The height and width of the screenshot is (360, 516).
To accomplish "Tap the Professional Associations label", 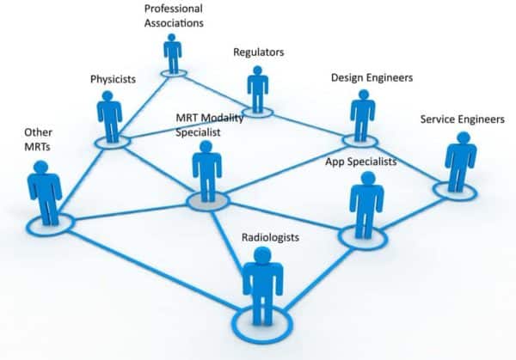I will [x=173, y=16].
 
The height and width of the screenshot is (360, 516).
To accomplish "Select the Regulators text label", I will [x=258, y=52].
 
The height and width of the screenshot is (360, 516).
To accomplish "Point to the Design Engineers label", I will [x=372, y=77].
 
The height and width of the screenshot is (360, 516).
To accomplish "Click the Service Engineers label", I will [x=461, y=119].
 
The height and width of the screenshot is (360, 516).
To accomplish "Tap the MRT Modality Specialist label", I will [x=209, y=125].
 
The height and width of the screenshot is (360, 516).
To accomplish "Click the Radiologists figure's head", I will [x=262, y=255].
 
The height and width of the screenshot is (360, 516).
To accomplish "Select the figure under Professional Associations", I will [x=173, y=53].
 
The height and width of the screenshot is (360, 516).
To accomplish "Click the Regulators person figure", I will [x=257, y=89].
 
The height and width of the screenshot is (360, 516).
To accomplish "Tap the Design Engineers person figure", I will [x=362, y=115].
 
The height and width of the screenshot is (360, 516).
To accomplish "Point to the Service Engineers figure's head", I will [x=462, y=138].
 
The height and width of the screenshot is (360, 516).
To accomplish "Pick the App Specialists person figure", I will [x=366, y=204].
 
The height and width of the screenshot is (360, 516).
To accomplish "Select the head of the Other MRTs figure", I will [x=43, y=165].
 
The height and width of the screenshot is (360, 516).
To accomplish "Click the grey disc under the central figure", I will [x=208, y=201].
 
